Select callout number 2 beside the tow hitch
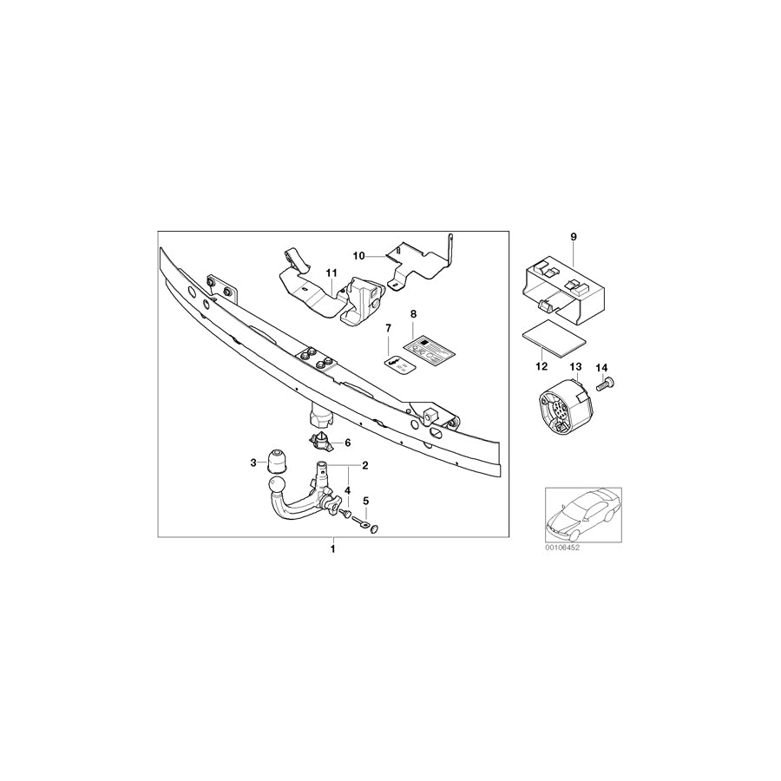(x=365, y=466)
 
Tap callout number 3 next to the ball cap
(x=254, y=463)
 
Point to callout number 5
(x=365, y=502)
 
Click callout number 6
(x=348, y=443)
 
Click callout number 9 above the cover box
(x=574, y=237)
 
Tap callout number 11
(x=330, y=273)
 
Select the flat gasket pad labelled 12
(x=551, y=338)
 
